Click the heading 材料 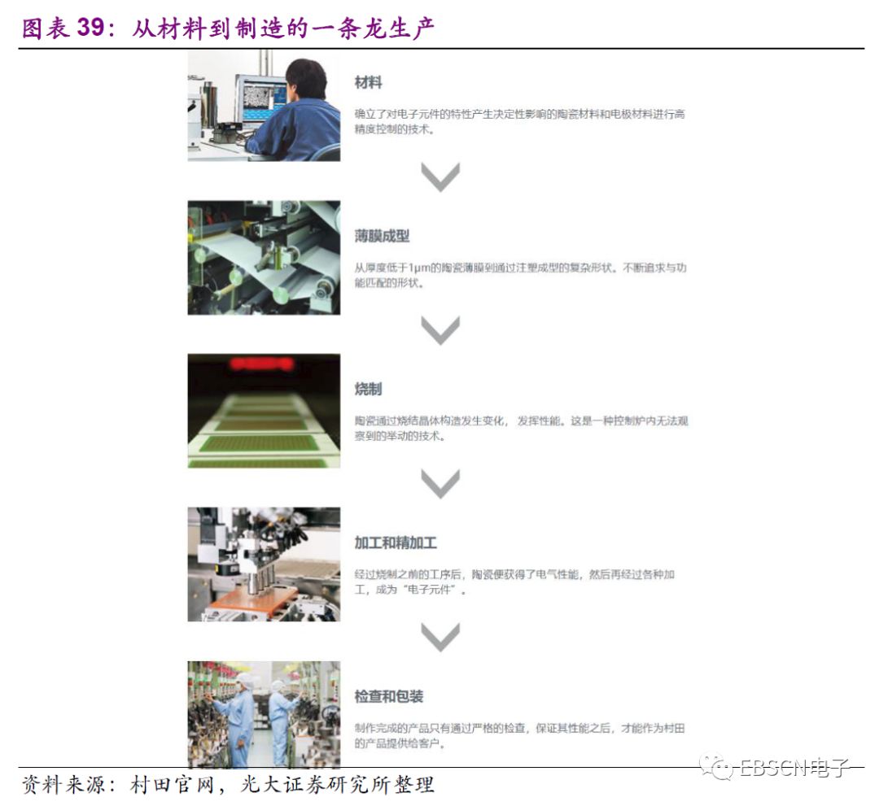369,83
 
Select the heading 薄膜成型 382,236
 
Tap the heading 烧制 369,389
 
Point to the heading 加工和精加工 396,542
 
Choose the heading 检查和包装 389,696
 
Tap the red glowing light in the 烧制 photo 261,364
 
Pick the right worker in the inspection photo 282,721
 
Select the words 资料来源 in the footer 64,785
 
